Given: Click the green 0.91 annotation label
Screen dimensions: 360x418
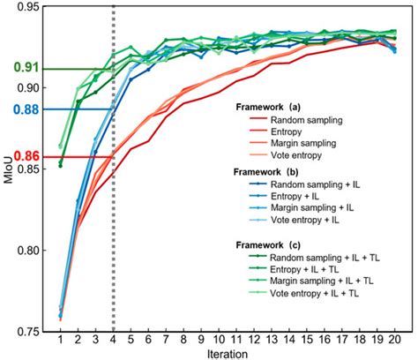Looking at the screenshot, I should click(17, 67).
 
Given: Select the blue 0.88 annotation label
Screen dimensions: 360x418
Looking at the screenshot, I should click(17, 110).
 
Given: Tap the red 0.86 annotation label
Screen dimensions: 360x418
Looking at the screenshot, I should click(17, 157).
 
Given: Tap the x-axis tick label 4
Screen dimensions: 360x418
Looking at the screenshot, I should click(114, 339).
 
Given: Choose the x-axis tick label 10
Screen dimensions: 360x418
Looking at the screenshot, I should click(218, 339).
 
